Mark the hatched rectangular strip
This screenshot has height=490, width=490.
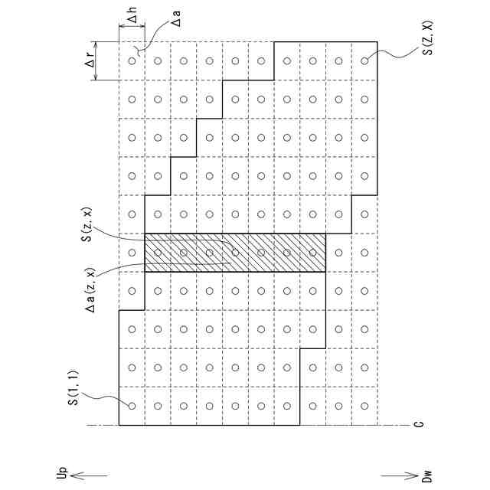coord(235,253)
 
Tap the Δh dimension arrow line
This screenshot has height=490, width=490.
coord(132,28)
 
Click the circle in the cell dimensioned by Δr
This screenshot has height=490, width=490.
coord(132,60)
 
